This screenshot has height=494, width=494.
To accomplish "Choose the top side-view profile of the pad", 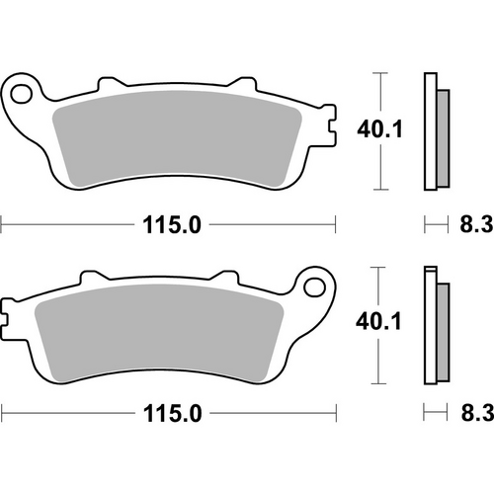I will coord(432,130).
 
